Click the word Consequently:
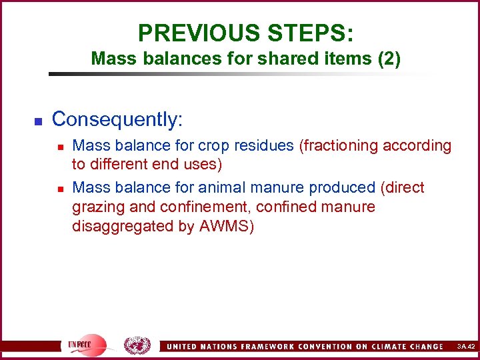(x=117, y=119)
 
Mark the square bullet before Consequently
(x=38, y=121)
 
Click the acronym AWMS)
(x=227, y=226)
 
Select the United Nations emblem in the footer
(x=137, y=345)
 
